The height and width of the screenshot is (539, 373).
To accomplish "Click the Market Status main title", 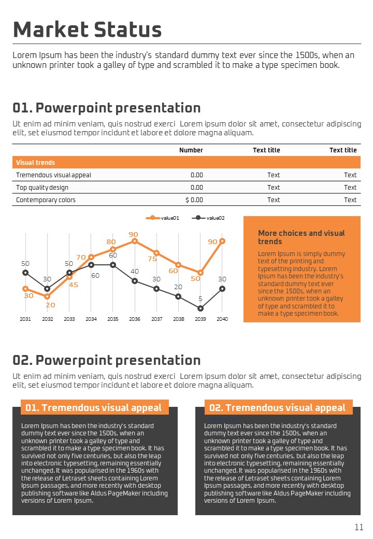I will tap(87, 30).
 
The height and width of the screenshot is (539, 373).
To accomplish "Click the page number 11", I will tap(359, 527).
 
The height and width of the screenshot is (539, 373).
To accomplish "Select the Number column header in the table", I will tap(191, 150).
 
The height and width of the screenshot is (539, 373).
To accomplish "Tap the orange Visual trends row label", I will tap(35, 162).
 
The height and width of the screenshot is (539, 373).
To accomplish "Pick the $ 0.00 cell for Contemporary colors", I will tap(194, 200).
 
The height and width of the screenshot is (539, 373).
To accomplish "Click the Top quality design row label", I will tap(42, 187).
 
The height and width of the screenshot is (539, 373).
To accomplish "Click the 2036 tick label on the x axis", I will tap(135, 319).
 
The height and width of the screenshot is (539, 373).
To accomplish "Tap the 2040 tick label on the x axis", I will tap(222, 319).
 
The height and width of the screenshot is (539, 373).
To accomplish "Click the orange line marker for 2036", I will tap(135, 241).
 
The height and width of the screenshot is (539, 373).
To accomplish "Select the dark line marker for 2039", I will tap(200, 308).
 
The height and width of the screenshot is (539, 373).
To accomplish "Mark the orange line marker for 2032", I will tap(47, 296).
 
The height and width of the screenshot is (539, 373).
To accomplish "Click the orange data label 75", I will tap(152, 259).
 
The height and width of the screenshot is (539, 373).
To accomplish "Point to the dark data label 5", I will tap(200, 299).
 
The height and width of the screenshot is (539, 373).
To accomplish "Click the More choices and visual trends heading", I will tap(301, 237).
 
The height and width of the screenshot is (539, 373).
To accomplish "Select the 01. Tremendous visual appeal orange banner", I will tap(94, 408).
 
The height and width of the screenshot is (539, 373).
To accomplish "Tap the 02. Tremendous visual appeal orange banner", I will tap(277, 408).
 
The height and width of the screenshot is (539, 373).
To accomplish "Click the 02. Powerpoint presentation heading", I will tap(106, 360).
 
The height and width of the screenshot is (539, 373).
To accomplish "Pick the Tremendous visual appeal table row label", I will tap(46, 175).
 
